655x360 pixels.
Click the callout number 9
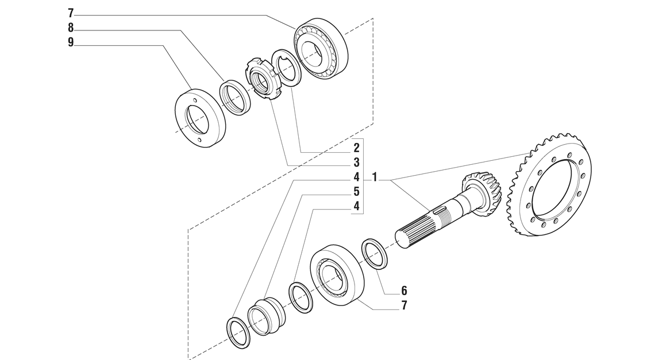pos(71,42)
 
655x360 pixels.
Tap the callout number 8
pos(71,28)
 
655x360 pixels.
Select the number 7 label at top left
pos(71,13)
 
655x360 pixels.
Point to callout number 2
pos(356,148)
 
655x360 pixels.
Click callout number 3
pos(356,162)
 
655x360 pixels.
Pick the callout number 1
pos(375,177)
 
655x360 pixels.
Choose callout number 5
pos(356,192)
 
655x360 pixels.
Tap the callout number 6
pos(404,291)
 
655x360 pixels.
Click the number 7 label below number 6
pos(404,305)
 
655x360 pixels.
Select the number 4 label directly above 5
pos(356,177)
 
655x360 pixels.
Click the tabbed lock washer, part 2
pos(286,68)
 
